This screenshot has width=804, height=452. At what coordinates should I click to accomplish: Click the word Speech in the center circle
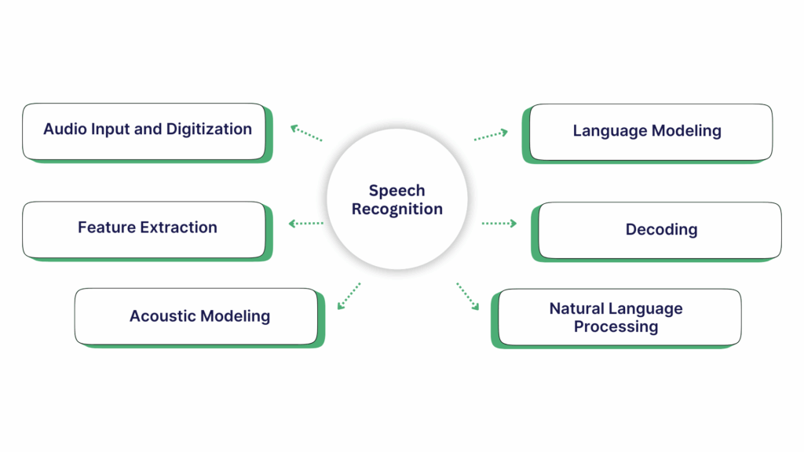[x=397, y=191]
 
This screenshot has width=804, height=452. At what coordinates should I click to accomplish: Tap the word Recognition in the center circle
[x=397, y=210]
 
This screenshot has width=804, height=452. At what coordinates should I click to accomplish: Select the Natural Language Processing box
[x=617, y=317]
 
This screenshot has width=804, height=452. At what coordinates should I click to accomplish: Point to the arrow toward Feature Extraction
[x=306, y=224]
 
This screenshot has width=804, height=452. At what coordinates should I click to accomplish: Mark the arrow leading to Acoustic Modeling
[x=349, y=296]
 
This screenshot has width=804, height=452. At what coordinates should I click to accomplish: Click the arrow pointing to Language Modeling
[x=491, y=135]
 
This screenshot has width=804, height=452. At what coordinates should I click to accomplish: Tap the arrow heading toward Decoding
[x=499, y=224]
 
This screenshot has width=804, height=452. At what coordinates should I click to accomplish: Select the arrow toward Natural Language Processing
[x=468, y=297]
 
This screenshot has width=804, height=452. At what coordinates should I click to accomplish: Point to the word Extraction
[x=178, y=228]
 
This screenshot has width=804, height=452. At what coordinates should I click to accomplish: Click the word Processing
[x=616, y=326]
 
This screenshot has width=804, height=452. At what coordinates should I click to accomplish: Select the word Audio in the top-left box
[x=62, y=129]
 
